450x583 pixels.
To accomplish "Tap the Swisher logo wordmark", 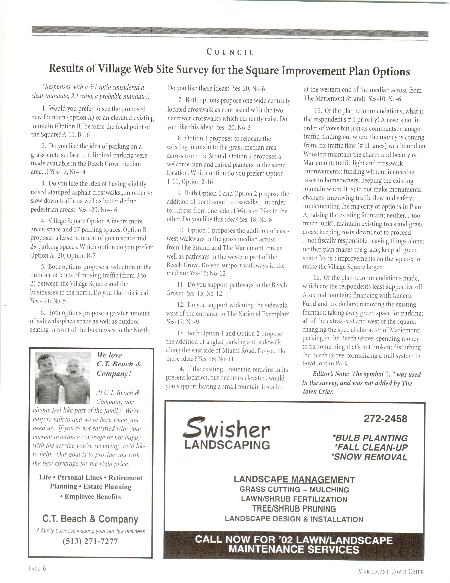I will pyautogui.click(x=226, y=428).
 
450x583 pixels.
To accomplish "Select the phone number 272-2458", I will pyautogui.click(x=385, y=419).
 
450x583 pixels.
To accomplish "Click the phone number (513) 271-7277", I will pyautogui.click(x=90, y=541).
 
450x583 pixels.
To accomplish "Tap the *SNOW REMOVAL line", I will pyautogui.click(x=369, y=457).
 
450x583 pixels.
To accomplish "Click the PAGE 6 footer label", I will pyautogui.click(x=37, y=569).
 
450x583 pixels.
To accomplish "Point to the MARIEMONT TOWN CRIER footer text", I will pyautogui.click(x=391, y=572).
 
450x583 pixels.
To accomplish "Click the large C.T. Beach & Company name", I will pyautogui.click(x=90, y=519).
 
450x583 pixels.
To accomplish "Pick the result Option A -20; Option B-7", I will pyautogui.click(x=63, y=256).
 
